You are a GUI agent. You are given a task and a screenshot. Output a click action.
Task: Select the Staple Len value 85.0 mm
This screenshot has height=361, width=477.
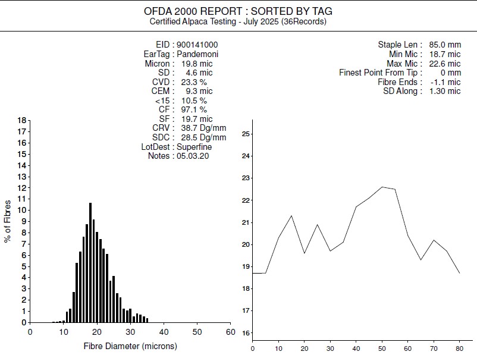[x=445, y=45]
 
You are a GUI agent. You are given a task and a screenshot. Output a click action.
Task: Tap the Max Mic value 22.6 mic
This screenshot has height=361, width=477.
[x=445, y=64]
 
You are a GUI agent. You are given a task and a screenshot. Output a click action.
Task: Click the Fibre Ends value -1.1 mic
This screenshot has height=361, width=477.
[x=445, y=82]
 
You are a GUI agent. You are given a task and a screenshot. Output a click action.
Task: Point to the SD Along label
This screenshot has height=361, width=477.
[x=402, y=91]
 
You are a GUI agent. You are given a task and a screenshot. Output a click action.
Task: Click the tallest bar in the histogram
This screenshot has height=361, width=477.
[x=90, y=262]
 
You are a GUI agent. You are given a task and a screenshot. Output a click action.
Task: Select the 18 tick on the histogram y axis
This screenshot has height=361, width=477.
[x=22, y=120]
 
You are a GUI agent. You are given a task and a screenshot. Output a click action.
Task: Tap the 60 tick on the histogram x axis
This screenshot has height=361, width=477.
[x=230, y=332]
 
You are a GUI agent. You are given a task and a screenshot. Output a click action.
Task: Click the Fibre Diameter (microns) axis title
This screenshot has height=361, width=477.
[x=130, y=346]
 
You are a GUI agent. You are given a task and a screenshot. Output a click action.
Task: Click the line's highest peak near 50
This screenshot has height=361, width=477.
[x=382, y=187]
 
